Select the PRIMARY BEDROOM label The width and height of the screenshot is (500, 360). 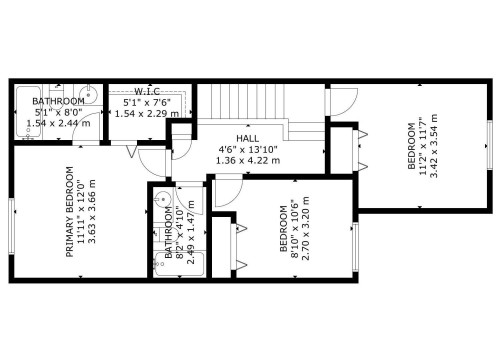click(70, 211)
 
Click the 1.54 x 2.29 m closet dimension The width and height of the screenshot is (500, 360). click(147, 113)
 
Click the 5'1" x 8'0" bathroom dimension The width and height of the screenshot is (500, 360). click(57, 112)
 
